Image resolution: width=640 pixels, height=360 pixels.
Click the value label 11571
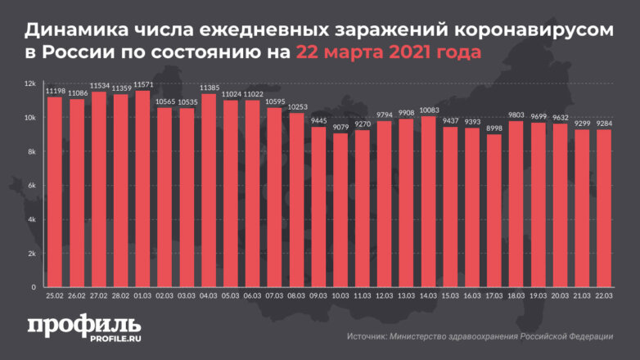pyautogui.click(x=143, y=85)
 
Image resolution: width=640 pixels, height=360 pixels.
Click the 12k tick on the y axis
pyautogui.click(x=29, y=83)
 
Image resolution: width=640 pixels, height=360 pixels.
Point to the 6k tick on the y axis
pyautogui.click(x=31, y=186)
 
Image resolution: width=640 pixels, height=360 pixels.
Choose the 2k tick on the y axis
pyautogui.click(x=31, y=254)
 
